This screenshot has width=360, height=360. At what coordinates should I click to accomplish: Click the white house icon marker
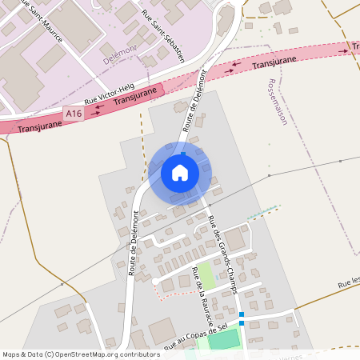point(180,173)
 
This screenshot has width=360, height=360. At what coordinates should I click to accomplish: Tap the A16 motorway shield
point(74,114)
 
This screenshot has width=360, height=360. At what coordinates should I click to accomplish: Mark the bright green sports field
point(224,339)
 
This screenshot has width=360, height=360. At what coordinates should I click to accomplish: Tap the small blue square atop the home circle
point(183,154)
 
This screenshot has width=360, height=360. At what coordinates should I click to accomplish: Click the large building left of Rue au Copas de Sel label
point(162,329)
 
